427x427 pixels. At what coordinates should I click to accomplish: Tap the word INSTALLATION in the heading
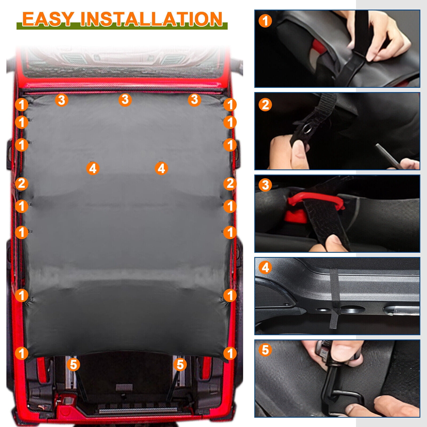[151, 19]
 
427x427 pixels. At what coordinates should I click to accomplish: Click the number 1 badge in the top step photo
[265, 21]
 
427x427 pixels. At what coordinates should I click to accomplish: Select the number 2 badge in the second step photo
[265, 104]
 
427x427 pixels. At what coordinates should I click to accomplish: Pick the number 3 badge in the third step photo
[265, 185]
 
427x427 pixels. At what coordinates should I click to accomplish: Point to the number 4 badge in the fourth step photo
[265, 267]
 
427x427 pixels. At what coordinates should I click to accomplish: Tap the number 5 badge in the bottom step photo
[265, 350]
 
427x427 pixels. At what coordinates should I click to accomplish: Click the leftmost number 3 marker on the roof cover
[62, 100]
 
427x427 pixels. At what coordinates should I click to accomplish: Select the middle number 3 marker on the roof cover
[125, 100]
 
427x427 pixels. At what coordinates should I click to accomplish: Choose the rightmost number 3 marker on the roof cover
[195, 100]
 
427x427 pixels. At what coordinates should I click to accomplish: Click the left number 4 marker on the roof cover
[93, 168]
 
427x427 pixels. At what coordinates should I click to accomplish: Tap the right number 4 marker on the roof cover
[161, 168]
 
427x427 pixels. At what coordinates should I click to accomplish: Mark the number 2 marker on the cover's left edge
[22, 184]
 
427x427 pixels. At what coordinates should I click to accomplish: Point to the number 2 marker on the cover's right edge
[230, 184]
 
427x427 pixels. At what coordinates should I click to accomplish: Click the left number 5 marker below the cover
[73, 364]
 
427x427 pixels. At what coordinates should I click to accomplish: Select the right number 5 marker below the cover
[180, 364]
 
